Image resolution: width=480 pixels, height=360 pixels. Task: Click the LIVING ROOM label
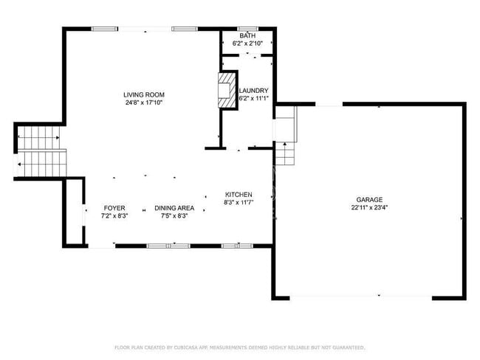(x=143, y=94)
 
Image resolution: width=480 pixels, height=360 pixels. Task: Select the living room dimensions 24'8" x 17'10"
(x=143, y=103)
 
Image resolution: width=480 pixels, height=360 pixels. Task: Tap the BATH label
(x=247, y=35)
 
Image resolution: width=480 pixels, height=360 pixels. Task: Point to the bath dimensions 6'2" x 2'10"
(x=247, y=44)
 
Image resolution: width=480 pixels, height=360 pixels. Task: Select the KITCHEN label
(x=239, y=194)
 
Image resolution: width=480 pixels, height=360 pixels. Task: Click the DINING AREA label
(x=174, y=208)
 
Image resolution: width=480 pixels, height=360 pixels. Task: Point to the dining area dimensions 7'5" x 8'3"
(x=174, y=216)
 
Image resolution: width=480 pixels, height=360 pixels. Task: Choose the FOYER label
(x=114, y=208)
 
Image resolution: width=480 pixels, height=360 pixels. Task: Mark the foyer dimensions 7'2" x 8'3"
(x=114, y=216)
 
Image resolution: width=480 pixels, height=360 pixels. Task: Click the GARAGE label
(x=369, y=199)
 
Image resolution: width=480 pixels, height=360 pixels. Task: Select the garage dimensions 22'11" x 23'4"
(x=369, y=208)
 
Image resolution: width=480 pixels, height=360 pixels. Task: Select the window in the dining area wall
(x=168, y=245)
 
